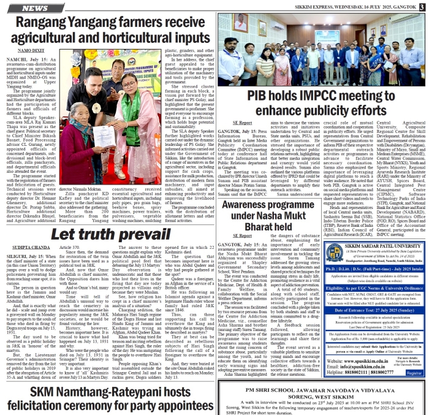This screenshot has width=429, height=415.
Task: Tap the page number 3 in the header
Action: pyautogui.click(x=422, y=6)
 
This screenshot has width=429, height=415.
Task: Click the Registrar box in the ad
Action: pyautogui.click(x=415, y=372)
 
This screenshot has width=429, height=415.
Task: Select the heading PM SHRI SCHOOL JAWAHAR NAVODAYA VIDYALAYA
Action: pyautogui.click(x=322, y=390)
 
